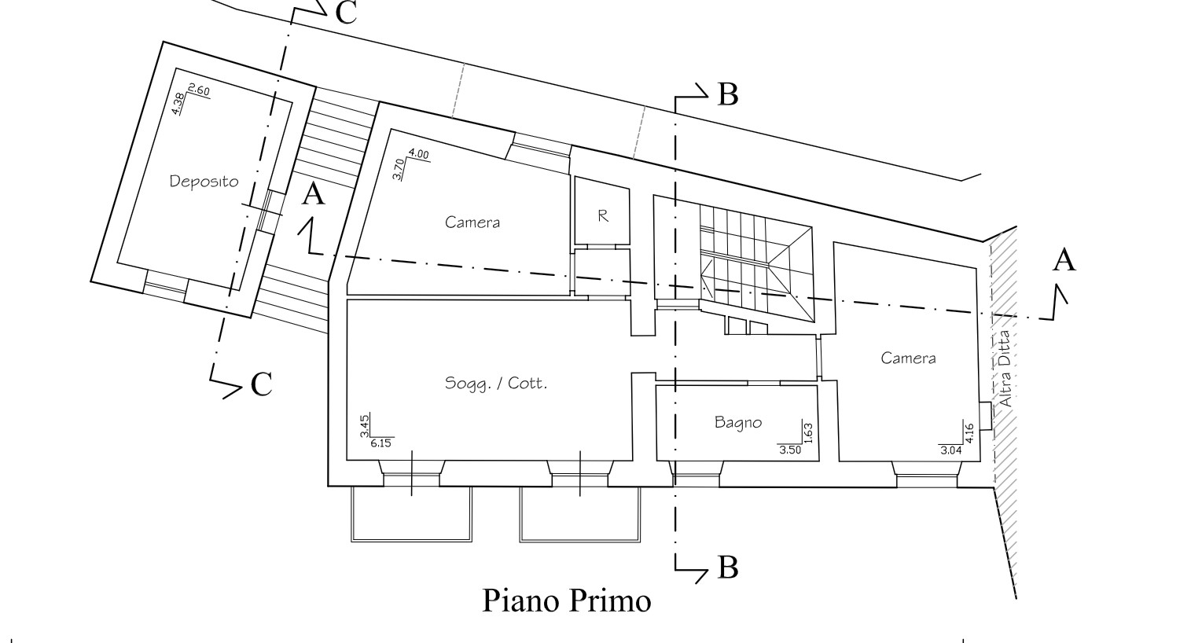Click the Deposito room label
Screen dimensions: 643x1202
pyautogui.click(x=204, y=182)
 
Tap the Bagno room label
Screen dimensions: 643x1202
pyautogui.click(x=738, y=422)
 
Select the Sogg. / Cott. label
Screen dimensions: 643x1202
pyautogui.click(x=495, y=384)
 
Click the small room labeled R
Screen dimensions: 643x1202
pyautogui.click(x=603, y=215)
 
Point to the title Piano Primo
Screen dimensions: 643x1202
pyautogui.click(x=566, y=601)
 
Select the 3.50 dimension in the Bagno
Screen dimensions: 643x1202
pyautogui.click(x=789, y=450)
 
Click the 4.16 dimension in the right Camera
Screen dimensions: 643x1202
pyautogui.click(x=969, y=433)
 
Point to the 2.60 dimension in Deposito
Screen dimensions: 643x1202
pyautogui.click(x=199, y=91)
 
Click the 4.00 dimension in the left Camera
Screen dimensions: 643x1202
pyautogui.click(x=418, y=155)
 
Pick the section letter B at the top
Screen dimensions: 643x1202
pyautogui.click(x=728, y=95)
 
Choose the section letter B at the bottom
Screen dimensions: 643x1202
pyautogui.click(x=728, y=568)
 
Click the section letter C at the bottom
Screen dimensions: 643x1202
pyautogui.click(x=261, y=384)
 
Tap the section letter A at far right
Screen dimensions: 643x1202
pyautogui.click(x=1064, y=260)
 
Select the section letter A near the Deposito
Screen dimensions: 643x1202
pyautogui.click(x=313, y=193)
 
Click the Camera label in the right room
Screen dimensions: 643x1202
pyautogui.click(x=908, y=358)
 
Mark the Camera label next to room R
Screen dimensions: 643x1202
pyautogui.click(x=472, y=222)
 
